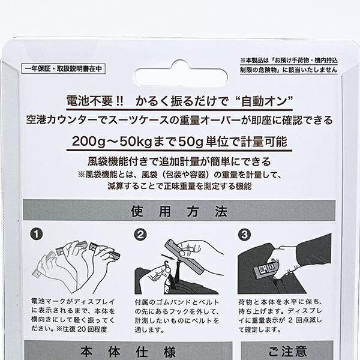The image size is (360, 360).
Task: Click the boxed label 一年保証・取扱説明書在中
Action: pyautogui.click(x=62, y=69)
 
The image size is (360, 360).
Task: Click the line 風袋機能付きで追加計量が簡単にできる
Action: pyautogui.click(x=179, y=161)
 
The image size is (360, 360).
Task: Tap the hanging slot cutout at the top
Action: pyautogui.click(x=179, y=67)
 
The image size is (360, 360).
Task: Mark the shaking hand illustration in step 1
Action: pyautogui.click(x=72, y=258)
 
